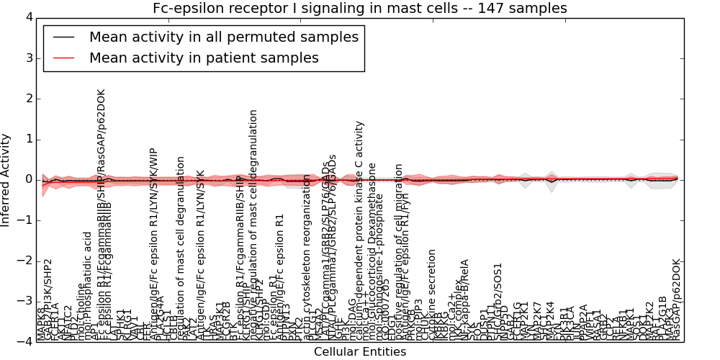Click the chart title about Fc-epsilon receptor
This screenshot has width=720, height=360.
click(x=359, y=8)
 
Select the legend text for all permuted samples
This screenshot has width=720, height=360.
click(x=222, y=37)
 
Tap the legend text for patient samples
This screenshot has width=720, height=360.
click(x=204, y=58)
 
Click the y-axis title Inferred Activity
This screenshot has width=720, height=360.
click(x=6, y=179)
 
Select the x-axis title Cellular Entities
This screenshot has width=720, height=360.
click(x=359, y=352)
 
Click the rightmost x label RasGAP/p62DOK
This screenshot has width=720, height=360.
click(x=675, y=299)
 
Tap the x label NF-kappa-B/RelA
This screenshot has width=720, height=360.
click(x=465, y=299)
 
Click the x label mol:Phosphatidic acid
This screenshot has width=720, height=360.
click(x=88, y=286)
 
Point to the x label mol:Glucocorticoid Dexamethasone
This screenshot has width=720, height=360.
click(x=372, y=252)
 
